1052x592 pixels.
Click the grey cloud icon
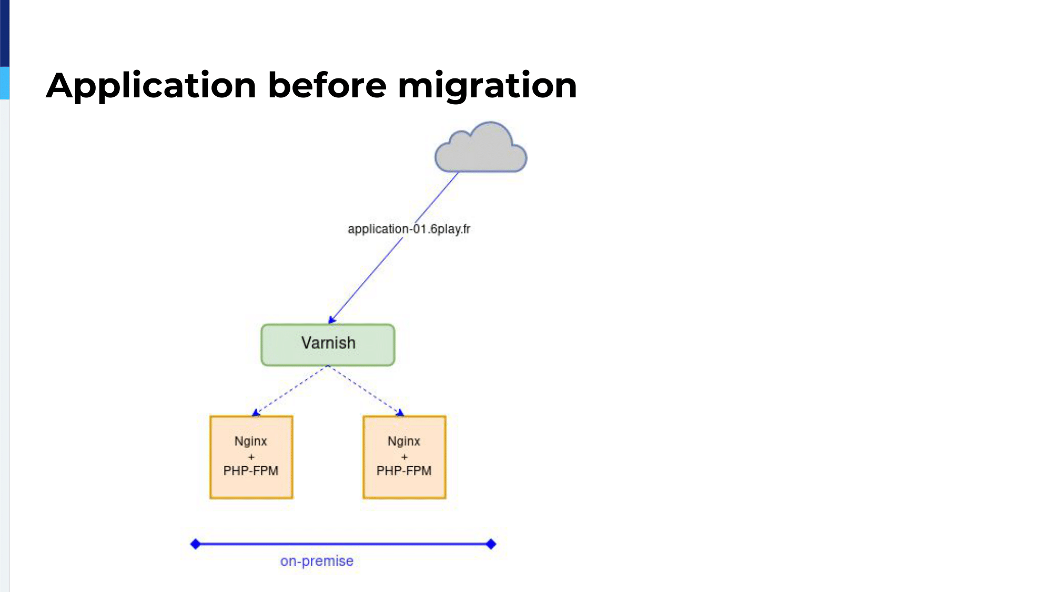click(x=481, y=148)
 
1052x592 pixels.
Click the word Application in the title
click(x=151, y=86)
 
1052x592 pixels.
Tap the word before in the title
click(x=327, y=85)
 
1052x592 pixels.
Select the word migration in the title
click(x=488, y=86)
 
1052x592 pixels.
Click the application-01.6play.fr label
click(x=409, y=229)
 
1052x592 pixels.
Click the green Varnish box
click(x=328, y=345)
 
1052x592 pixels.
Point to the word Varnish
click(x=328, y=343)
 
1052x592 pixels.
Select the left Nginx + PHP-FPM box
click(x=251, y=457)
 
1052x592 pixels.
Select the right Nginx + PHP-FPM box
click(x=404, y=457)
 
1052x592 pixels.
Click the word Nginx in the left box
click(x=251, y=441)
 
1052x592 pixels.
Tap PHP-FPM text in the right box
click(x=404, y=470)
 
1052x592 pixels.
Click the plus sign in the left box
click(x=251, y=457)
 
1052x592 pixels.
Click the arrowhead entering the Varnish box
click(x=332, y=319)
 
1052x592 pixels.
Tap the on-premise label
click(x=317, y=561)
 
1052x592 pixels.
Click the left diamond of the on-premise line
click(x=195, y=544)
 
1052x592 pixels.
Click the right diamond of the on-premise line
click(x=491, y=544)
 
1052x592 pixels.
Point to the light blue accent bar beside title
click(x=5, y=83)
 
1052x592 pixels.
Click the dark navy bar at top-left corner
click(x=5, y=33)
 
